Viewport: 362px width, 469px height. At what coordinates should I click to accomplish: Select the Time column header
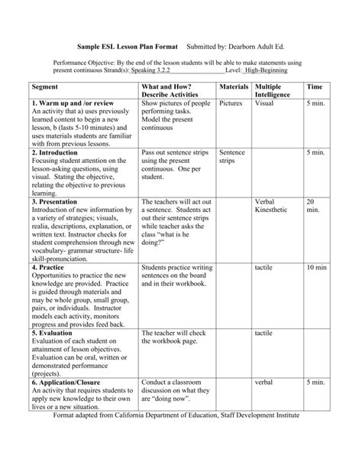coord(314,89)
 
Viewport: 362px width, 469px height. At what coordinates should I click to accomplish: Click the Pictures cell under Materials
coord(230,103)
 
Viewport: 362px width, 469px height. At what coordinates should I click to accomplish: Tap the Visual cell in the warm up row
coord(265,103)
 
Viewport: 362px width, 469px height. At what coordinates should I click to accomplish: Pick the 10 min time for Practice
coord(316,269)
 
